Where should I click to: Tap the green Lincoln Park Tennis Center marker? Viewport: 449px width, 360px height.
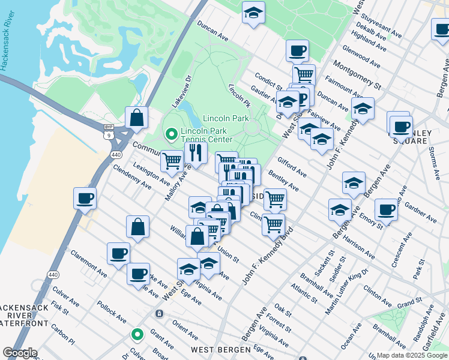point(170,133)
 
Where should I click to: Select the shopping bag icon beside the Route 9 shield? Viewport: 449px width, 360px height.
point(137,118)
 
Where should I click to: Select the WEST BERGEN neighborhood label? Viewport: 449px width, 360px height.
point(215,349)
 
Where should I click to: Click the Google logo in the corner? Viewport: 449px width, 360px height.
point(20,353)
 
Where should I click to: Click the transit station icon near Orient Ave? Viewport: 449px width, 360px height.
point(159,313)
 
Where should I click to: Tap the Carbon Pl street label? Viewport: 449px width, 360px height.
point(62,338)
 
